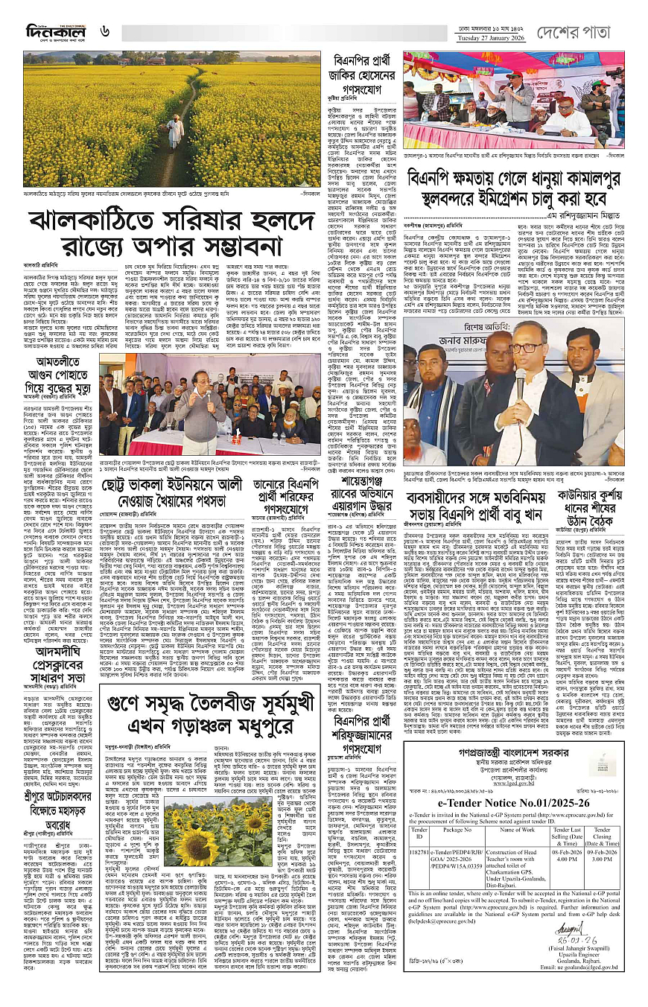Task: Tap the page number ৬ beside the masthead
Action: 106,31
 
